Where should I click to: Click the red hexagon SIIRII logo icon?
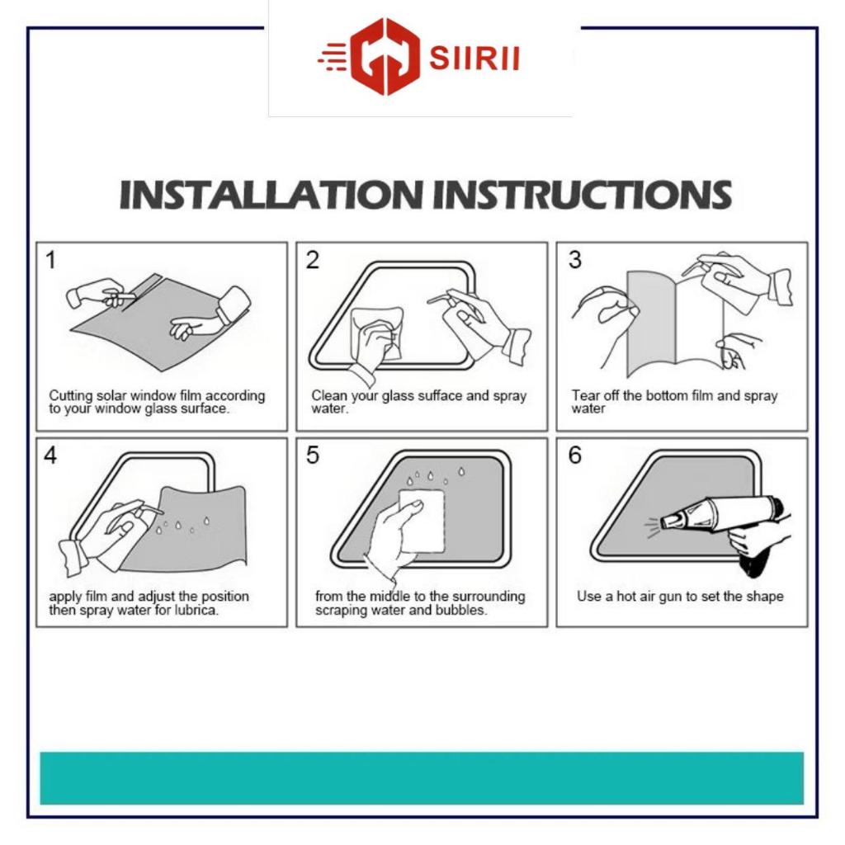(385, 57)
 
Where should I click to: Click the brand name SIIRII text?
(474, 59)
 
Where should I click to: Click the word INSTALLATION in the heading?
(271, 194)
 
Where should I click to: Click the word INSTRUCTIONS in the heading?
(583, 194)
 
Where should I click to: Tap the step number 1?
(50, 260)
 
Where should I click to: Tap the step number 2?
(313, 260)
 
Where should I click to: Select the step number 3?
(575, 260)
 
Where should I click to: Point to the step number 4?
(50, 456)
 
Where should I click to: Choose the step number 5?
(313, 456)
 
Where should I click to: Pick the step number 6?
(575, 456)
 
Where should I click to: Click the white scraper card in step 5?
(422, 521)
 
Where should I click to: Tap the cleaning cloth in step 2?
(377, 333)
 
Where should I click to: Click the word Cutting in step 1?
(71, 396)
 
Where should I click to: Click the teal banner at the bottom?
(422, 778)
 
